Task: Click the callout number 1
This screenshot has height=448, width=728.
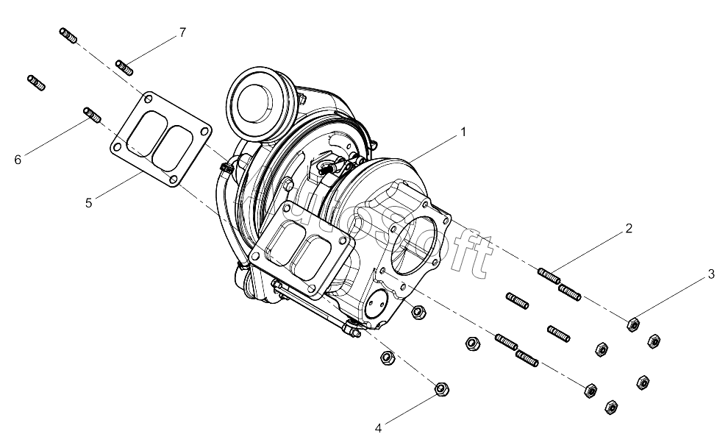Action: click(x=463, y=132)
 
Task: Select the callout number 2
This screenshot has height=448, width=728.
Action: click(x=629, y=228)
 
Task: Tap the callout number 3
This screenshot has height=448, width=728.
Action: click(x=711, y=274)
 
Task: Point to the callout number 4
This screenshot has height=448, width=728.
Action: click(x=379, y=428)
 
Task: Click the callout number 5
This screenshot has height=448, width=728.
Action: click(x=89, y=203)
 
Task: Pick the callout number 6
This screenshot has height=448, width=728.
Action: click(x=18, y=160)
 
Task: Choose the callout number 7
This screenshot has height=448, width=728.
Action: click(x=182, y=32)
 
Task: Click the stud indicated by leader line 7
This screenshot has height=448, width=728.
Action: click(x=124, y=68)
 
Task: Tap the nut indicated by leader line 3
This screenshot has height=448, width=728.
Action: click(x=633, y=324)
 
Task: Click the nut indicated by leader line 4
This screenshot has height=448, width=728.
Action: click(x=441, y=389)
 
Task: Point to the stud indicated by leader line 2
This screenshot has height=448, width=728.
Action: click(x=549, y=276)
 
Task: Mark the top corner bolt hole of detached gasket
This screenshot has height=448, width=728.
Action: click(x=148, y=99)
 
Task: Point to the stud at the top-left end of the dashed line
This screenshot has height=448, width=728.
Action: click(x=68, y=36)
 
